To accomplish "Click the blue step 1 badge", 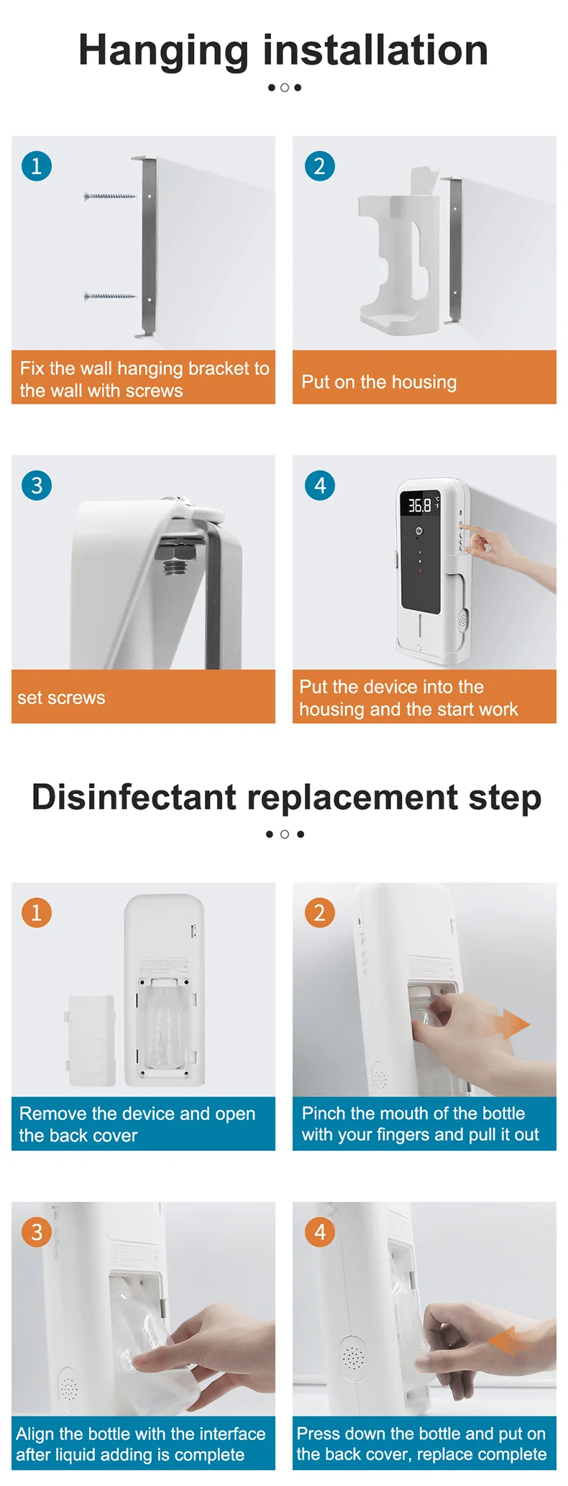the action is tap(37, 166).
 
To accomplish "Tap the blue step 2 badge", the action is tap(320, 166).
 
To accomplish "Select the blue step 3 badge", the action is tap(37, 486).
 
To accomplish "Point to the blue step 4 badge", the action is tap(320, 486).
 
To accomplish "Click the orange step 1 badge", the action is tap(37, 913).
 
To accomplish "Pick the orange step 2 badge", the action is tap(320, 913).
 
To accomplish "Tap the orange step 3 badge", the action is tap(37, 1232).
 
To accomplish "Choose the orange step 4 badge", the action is tap(320, 1232).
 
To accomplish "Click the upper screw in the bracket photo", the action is tap(110, 196).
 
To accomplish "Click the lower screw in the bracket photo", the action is tap(110, 296).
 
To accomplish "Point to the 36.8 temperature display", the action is tap(420, 505).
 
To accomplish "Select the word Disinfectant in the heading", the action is tap(134, 797).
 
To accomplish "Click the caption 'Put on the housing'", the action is tap(379, 382).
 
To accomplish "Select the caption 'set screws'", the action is tap(61, 698).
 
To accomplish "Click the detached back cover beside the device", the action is tap(91, 1041).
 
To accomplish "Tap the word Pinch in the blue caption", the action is tap(324, 1113).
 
